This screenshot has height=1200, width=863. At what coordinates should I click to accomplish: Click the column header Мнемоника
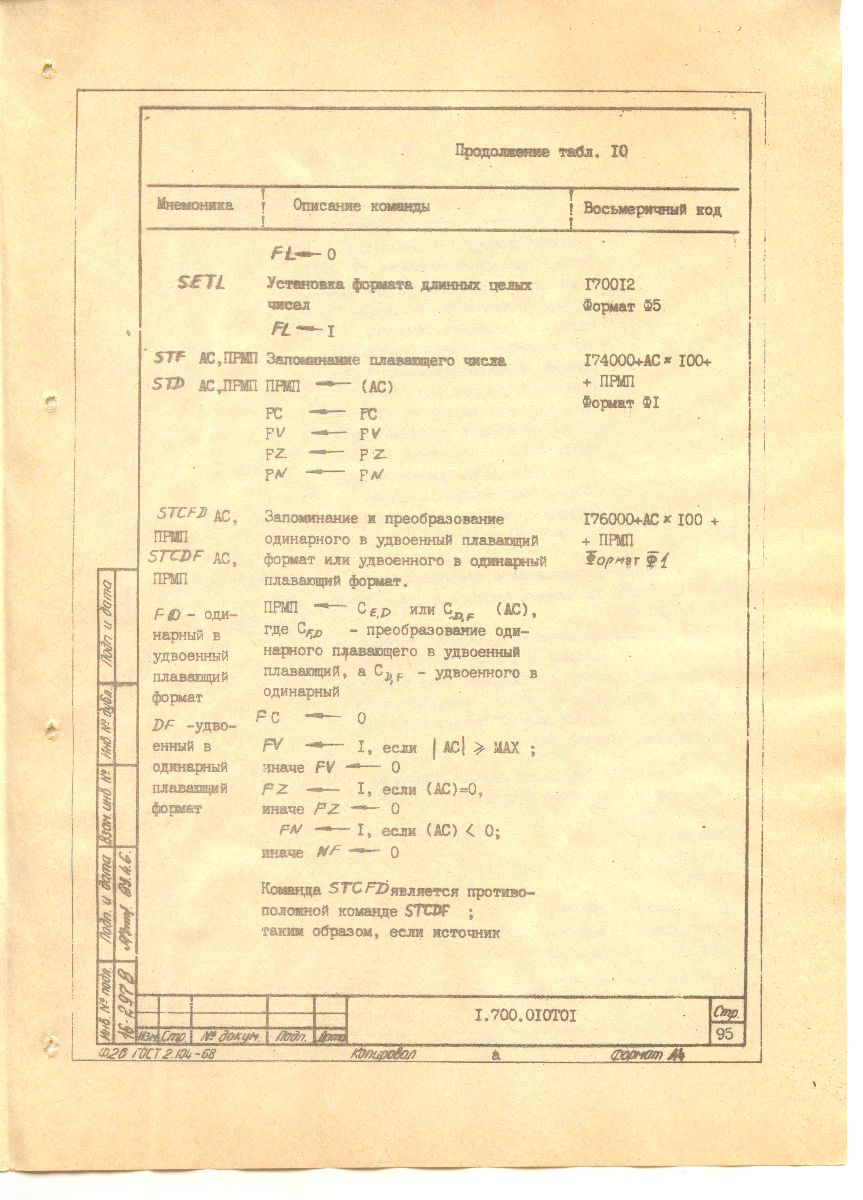[x=195, y=205]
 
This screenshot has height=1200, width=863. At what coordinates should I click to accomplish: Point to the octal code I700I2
[x=609, y=286]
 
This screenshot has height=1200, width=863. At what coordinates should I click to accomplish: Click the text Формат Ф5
[x=622, y=306]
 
